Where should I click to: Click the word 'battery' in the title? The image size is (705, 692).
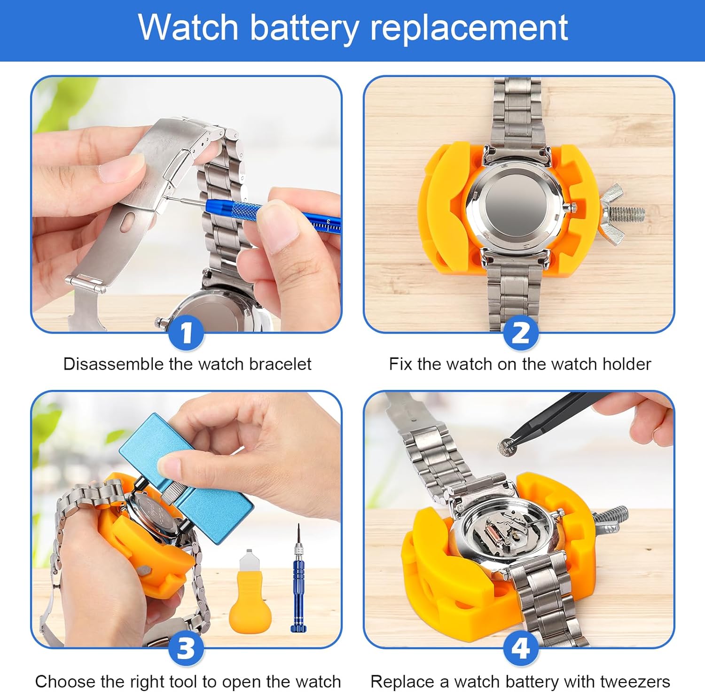[x=305, y=28]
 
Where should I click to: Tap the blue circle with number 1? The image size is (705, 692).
[x=187, y=333]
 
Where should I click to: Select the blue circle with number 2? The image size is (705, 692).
[x=520, y=333]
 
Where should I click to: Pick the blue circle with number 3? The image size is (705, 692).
[x=187, y=648]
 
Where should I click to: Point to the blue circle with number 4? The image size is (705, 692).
[x=520, y=648]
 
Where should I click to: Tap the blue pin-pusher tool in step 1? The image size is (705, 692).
[x=263, y=214]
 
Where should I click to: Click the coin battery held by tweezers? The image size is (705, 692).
[x=508, y=447]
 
